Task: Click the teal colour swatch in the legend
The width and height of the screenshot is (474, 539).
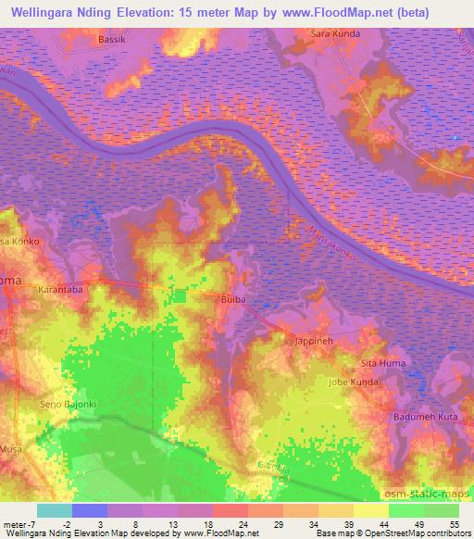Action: click(x=55, y=510)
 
